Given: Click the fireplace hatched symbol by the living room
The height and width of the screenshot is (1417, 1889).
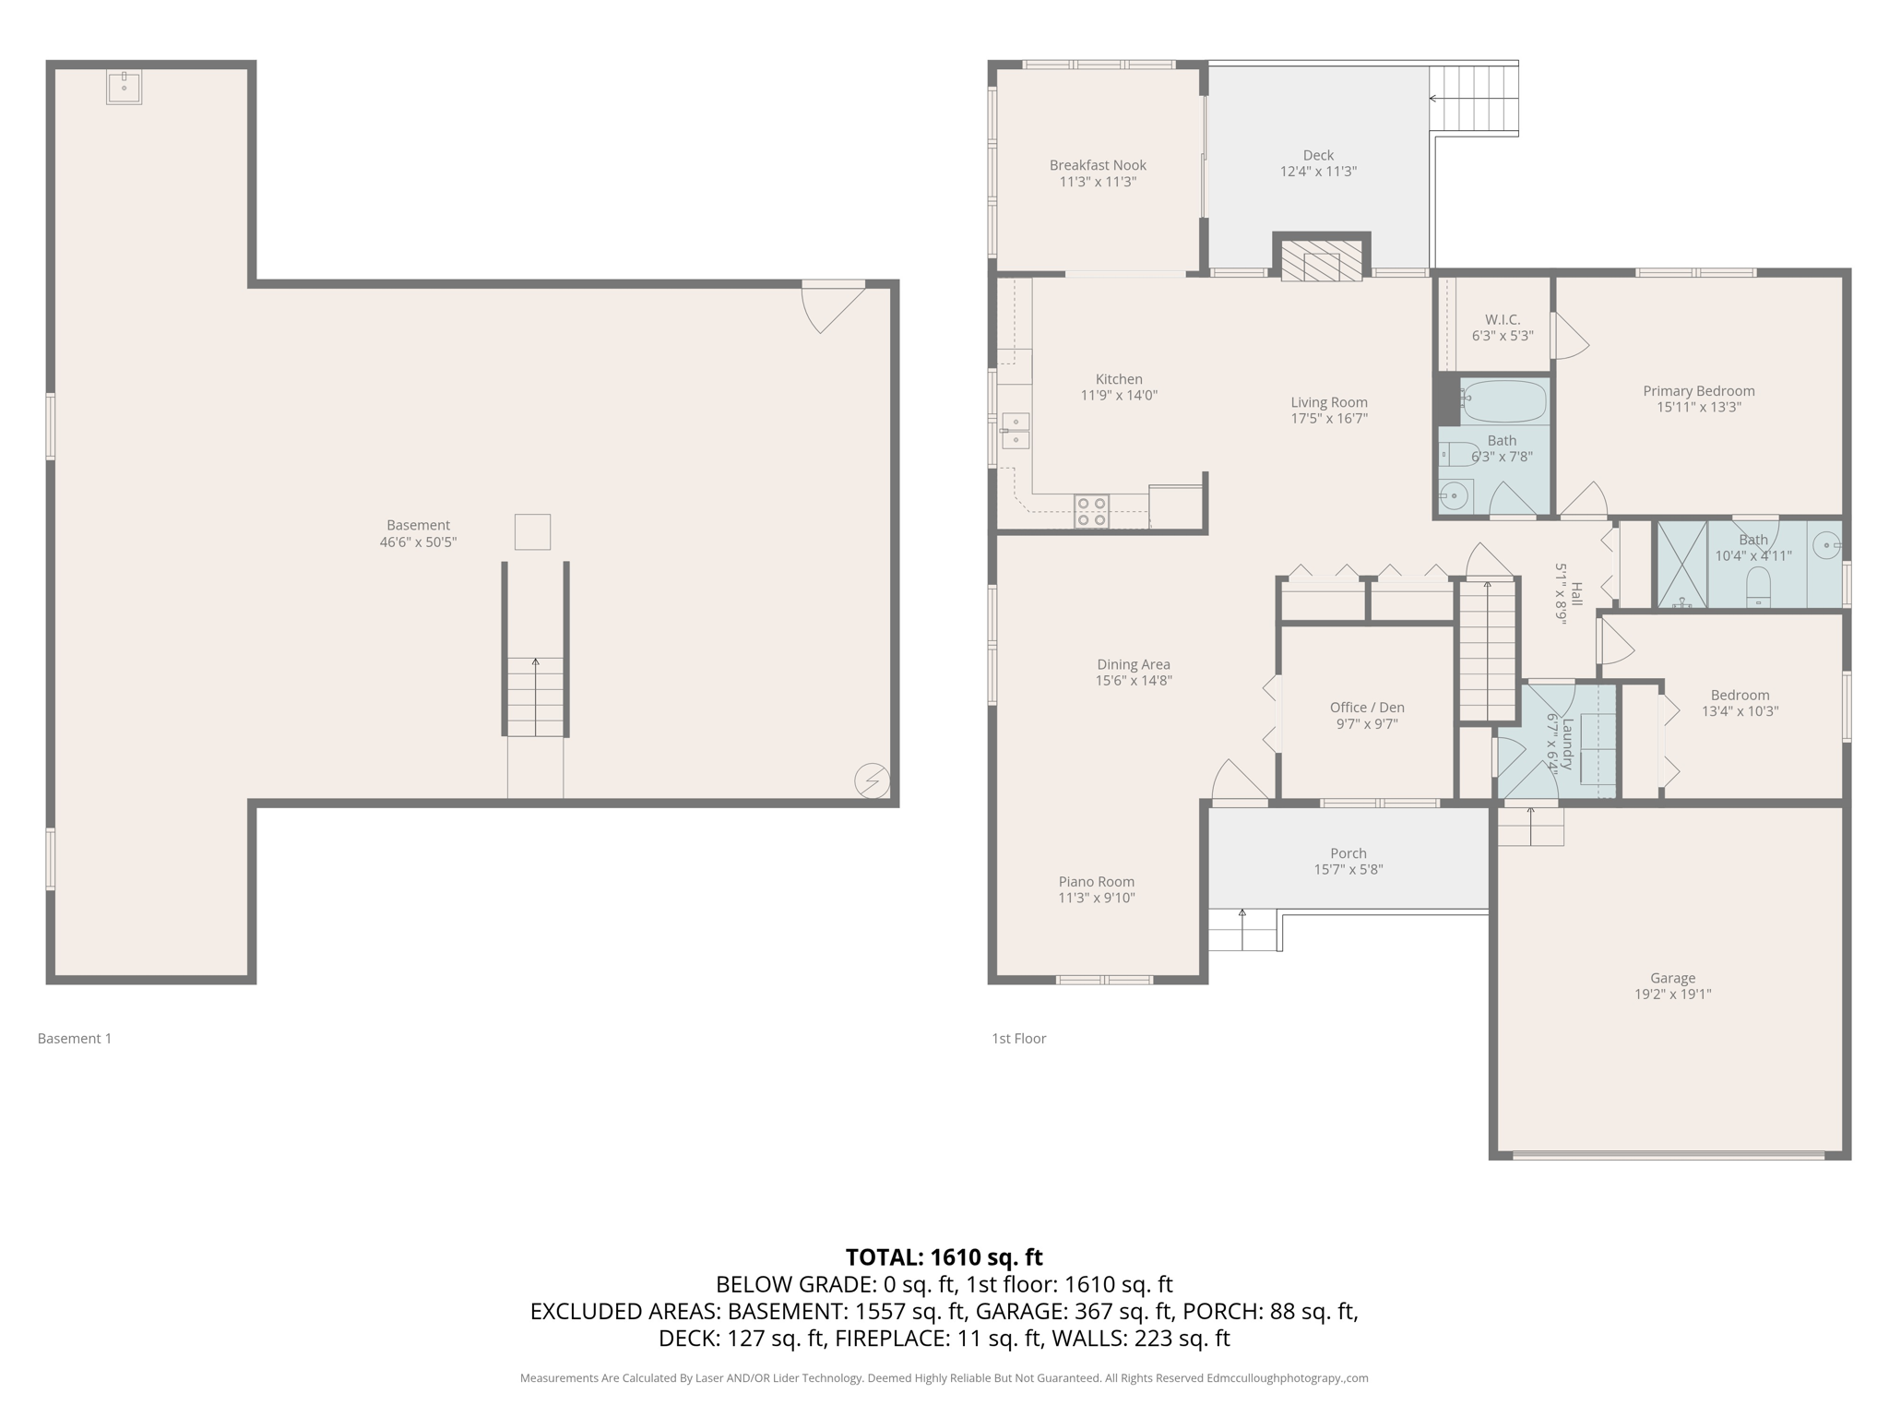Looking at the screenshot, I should (1321, 262).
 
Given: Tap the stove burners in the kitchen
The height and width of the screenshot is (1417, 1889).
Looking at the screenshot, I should (1091, 512).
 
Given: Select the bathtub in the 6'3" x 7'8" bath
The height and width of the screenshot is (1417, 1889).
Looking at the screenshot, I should (1503, 400).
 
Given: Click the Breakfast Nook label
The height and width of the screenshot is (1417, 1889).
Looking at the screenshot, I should (1098, 165).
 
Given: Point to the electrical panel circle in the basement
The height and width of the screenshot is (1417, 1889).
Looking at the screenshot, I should (872, 780).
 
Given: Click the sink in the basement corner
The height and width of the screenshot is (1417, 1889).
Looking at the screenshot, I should (124, 88).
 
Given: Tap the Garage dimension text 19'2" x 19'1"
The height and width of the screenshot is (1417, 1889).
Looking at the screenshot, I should (1672, 994).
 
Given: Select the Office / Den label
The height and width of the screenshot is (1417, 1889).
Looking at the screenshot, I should (1367, 708).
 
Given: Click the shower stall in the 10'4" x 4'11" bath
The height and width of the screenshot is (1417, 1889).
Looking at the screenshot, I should (1681, 565).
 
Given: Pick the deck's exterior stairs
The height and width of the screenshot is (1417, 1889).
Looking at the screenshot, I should (1473, 100).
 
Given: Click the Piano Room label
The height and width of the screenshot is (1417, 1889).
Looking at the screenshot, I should (1096, 882).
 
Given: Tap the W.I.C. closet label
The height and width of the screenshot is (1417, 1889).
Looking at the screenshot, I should (1503, 319).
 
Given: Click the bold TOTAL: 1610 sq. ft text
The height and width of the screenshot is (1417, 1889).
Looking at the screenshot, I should (944, 1257).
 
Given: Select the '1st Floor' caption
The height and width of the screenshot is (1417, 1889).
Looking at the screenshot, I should (1018, 1039).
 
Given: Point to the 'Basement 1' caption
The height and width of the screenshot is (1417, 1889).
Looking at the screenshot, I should (75, 1039).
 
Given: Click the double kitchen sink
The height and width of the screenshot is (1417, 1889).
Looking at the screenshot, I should (1016, 431).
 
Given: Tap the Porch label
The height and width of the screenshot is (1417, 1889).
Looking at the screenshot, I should (1348, 853).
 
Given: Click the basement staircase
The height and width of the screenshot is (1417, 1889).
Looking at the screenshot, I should (535, 697).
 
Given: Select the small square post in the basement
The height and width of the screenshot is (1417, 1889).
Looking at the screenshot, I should (532, 532).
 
